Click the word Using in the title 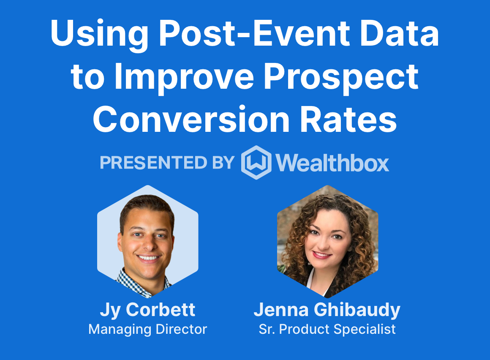point(99,34)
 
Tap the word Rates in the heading point(348,120)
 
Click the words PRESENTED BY point(167,163)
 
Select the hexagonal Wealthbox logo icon point(256,163)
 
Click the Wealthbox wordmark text point(332,163)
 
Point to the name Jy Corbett point(147,310)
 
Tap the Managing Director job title point(147,330)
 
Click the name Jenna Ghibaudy point(327,310)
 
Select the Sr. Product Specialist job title point(327,330)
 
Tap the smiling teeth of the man point(148,258)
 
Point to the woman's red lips point(322,255)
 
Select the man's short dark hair point(147,208)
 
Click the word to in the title point(87,77)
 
